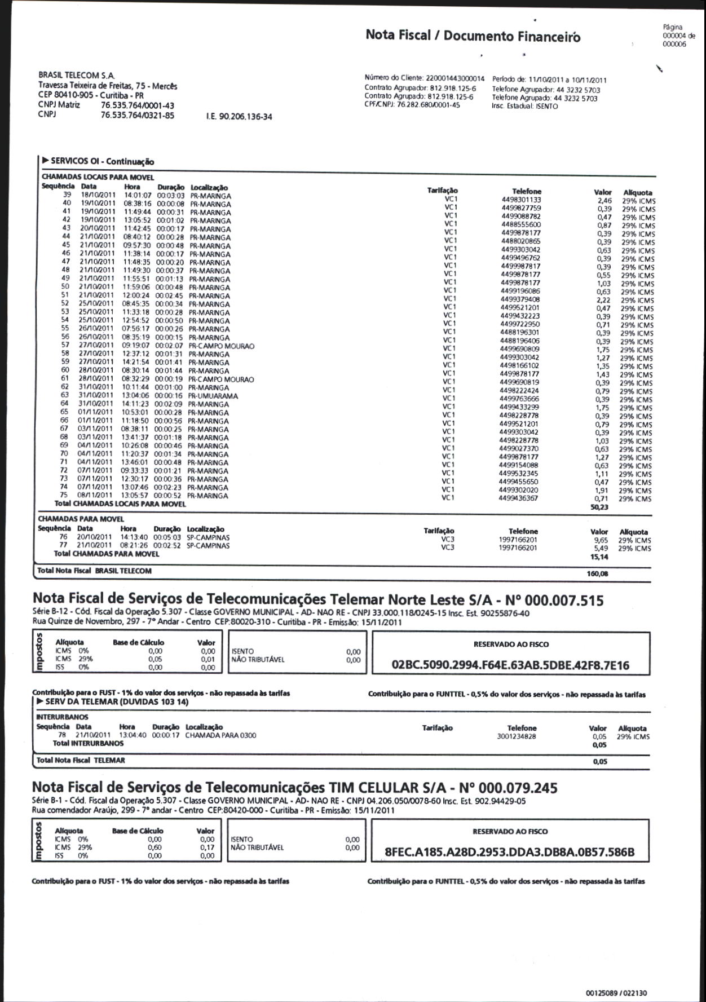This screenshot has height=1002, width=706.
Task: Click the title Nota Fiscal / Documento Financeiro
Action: [x=473, y=36]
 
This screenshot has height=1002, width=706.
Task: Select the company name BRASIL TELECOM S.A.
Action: [x=76, y=75]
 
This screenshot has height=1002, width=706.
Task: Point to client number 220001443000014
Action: [x=455, y=79]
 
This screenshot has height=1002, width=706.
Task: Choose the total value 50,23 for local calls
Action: [x=599, y=507]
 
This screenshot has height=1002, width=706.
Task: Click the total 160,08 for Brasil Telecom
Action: [x=597, y=574]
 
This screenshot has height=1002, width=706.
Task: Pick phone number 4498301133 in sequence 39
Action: [x=521, y=200]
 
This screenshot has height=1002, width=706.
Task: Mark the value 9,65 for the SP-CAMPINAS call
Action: [x=601, y=540]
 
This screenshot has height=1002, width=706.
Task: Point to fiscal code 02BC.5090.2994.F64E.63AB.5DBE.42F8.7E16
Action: [x=510, y=665]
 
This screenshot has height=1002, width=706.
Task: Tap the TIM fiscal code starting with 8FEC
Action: [x=509, y=853]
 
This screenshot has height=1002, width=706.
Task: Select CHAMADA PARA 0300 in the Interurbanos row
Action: [x=220, y=735]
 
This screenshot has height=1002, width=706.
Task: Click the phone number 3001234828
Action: [x=517, y=736]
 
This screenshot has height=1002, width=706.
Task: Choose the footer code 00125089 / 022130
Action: [x=616, y=993]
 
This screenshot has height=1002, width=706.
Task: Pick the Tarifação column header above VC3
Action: [x=439, y=531]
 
